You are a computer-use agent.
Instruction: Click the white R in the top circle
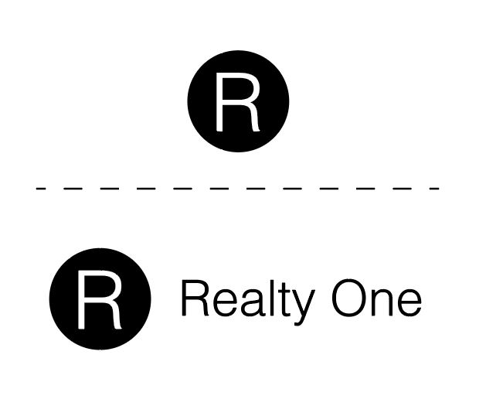click(237, 102)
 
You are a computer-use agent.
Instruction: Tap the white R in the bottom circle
click(99, 300)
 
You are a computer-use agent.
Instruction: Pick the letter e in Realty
click(221, 304)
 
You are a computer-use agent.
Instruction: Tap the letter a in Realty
click(246, 304)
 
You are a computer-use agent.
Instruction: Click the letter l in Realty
click(263, 299)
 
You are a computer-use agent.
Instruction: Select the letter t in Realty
click(276, 301)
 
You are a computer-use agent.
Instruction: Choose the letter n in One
click(383, 304)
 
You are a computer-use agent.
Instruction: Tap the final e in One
click(409, 304)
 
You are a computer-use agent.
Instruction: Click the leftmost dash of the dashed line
click(40, 188)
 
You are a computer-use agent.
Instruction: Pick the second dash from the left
click(68, 188)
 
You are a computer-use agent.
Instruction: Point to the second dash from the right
click(406, 188)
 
